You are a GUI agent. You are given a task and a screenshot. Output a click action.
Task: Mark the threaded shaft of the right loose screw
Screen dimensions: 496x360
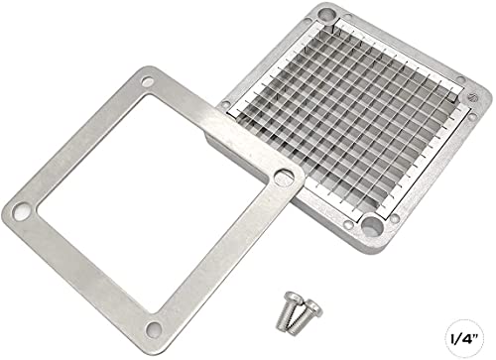(299, 322)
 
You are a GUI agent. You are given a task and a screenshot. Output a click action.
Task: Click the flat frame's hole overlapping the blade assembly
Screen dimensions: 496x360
(284, 177)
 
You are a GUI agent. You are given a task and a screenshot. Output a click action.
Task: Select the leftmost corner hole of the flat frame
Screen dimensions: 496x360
(21, 210)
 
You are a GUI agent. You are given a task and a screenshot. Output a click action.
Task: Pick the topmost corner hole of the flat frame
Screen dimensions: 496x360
(148, 81)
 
